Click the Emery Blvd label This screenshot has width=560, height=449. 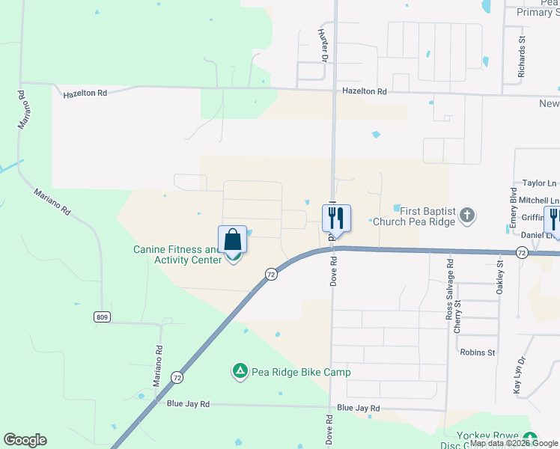[x=514, y=212]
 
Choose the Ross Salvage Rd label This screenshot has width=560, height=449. [x=450, y=291]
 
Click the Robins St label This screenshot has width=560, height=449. [x=478, y=352]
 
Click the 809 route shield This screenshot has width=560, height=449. [x=103, y=317]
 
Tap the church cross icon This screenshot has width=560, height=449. [x=467, y=216]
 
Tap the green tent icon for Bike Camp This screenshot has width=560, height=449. [x=240, y=371]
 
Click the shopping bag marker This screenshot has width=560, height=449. [x=233, y=240]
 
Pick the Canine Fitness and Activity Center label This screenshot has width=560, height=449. [x=177, y=254]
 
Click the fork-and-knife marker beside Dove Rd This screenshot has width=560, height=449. [x=336, y=218]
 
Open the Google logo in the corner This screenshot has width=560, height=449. [x=25, y=440]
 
